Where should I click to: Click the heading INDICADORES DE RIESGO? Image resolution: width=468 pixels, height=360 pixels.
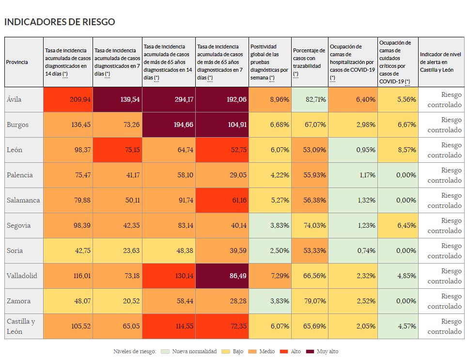coord(60,22)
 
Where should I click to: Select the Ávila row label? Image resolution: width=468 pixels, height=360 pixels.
coord(14,99)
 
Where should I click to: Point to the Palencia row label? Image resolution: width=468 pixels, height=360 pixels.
coord(20,175)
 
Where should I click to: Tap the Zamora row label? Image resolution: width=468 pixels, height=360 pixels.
coord(18,301)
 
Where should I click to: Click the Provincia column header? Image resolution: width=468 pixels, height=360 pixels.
coord(17,62)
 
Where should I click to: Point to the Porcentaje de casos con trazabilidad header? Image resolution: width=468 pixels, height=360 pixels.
coord(309,62)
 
